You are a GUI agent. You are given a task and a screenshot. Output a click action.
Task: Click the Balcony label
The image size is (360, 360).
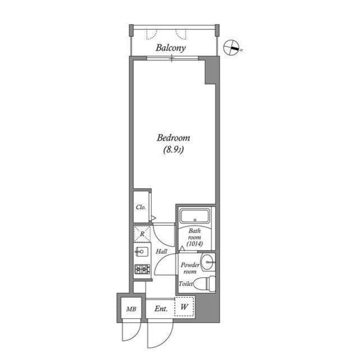coord(171,48)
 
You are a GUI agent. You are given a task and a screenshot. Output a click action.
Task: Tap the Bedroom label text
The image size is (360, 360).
coord(173,138)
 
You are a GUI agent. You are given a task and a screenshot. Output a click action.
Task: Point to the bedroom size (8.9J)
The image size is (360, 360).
coord(173,150)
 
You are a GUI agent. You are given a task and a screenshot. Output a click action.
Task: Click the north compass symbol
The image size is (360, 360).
coord(232,48)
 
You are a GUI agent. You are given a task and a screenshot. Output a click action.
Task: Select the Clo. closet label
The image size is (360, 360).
coord(141,208)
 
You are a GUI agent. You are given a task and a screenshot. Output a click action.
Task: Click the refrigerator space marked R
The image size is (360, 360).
coord(142,233)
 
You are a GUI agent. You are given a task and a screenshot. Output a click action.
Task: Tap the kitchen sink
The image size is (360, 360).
coord(142,252)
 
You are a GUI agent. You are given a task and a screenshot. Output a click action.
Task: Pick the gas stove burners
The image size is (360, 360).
coord(142,270)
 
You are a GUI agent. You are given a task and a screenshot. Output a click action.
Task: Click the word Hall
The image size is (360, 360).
coord(161,251)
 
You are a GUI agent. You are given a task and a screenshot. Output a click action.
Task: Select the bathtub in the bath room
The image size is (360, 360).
coord(194,216)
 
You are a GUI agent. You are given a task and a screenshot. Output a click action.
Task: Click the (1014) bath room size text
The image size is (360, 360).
coord(195,244)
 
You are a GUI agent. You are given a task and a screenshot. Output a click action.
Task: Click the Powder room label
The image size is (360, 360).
coord(189,268)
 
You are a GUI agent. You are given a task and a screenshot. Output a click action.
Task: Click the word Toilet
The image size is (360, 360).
coord(186,284)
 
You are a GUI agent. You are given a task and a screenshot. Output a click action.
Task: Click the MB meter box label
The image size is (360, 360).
coord(130,309)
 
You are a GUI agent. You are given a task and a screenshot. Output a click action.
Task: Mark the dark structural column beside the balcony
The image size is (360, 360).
coord(210,71)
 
